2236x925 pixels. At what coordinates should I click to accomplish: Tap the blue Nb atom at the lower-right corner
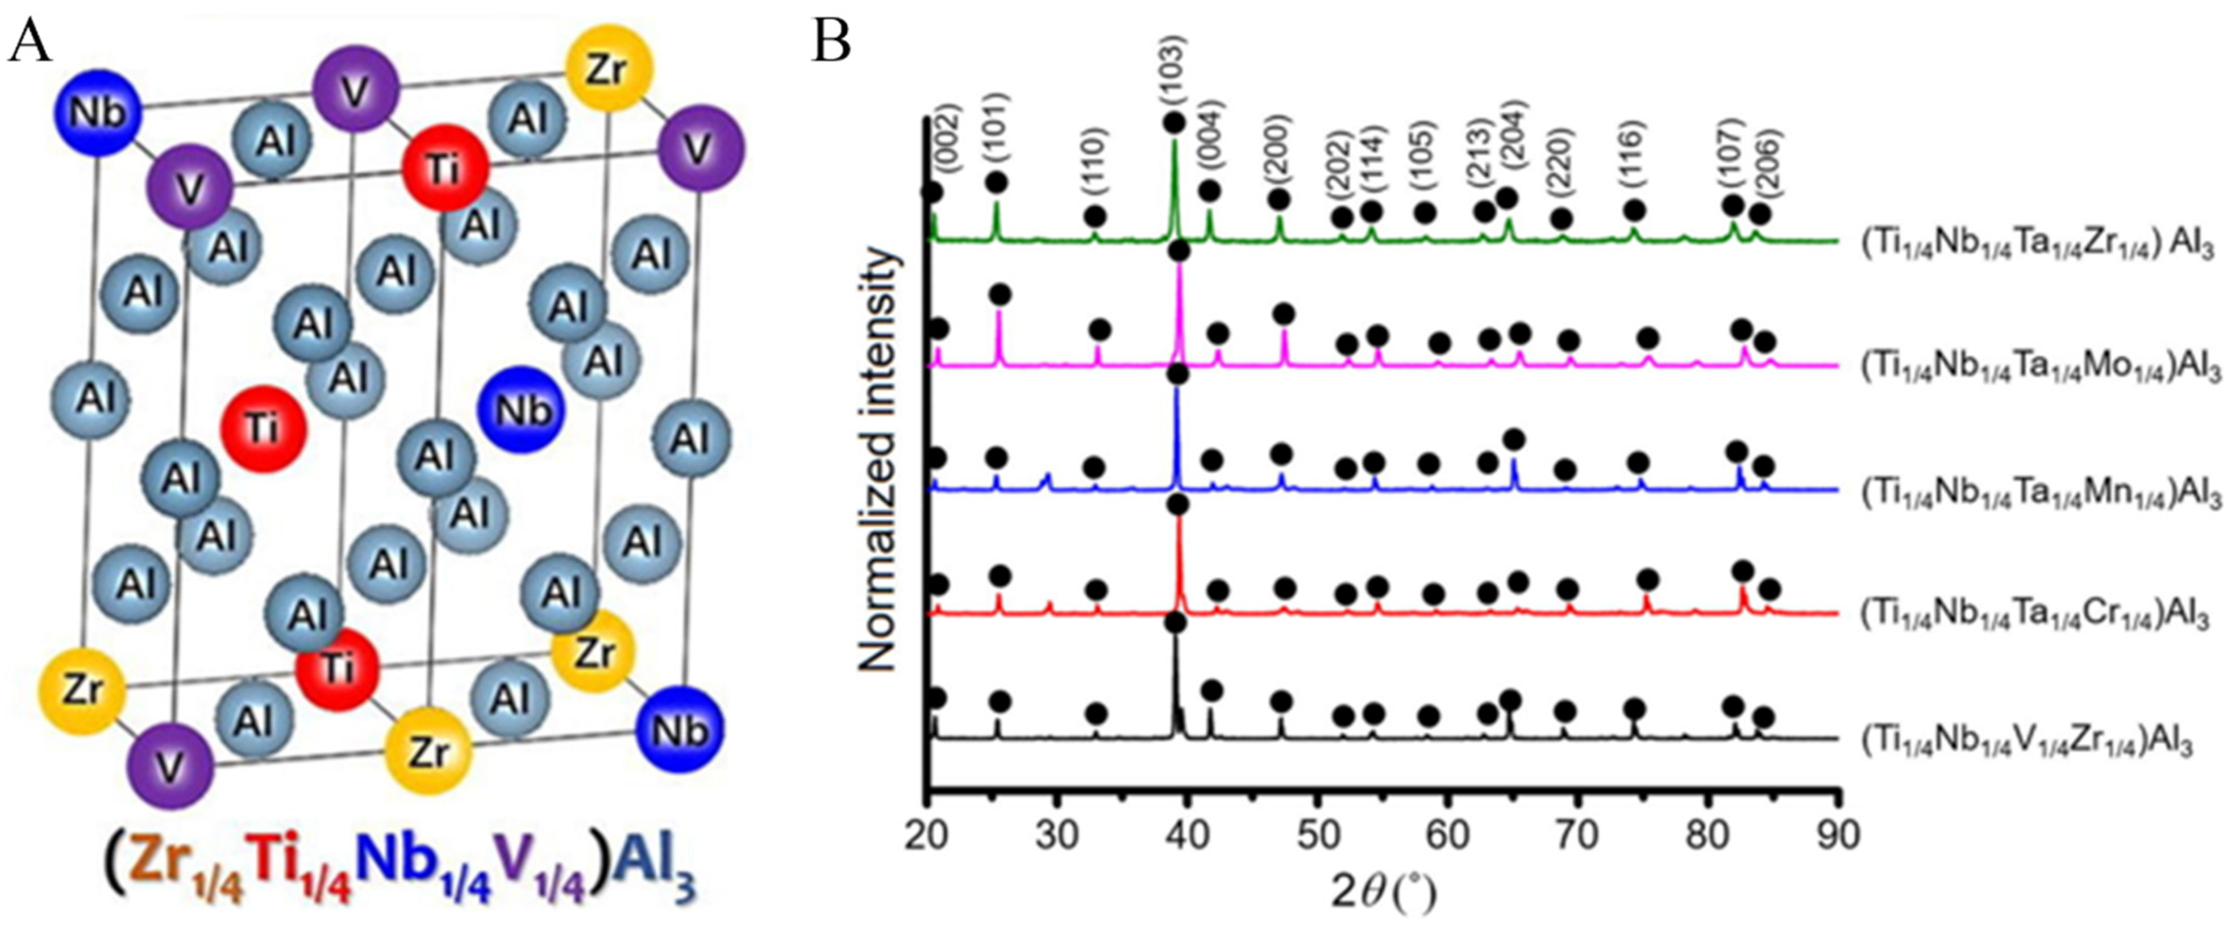679,730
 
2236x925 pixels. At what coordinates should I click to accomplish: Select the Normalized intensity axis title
877,459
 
